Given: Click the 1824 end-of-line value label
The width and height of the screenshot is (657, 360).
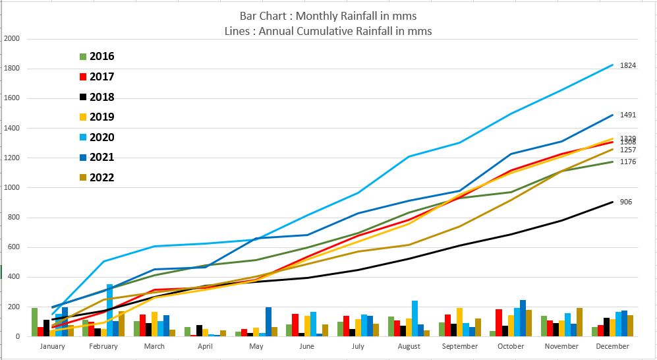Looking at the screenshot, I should point(627,65).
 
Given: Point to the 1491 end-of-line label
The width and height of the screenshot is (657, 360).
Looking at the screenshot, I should point(627,115).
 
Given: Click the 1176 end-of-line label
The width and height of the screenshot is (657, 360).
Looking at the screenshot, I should point(627,162).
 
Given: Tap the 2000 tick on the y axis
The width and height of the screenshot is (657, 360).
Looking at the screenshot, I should point(13,39).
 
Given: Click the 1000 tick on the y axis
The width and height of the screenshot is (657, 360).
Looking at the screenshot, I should point(13,188).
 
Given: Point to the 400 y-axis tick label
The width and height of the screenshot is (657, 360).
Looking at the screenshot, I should point(14,277).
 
